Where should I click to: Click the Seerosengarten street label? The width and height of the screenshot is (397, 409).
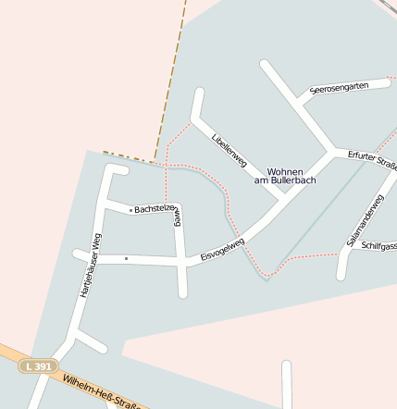tap(340, 87)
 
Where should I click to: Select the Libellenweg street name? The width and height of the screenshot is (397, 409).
tap(230, 150)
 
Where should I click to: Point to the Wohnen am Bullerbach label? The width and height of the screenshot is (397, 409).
tap(285, 176)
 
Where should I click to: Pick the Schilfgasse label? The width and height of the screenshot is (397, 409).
tap(378, 246)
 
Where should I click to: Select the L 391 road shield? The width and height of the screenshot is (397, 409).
tap(39, 366)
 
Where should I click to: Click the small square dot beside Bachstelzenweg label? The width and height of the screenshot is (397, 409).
tap(130, 209)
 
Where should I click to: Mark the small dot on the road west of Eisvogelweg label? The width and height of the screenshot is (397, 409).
tap(126, 258)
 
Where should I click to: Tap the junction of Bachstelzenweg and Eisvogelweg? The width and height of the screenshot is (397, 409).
tap(181, 263)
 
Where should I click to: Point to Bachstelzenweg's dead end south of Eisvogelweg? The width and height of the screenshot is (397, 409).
tap(183, 293)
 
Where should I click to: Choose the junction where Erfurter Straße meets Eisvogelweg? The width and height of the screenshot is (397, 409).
tap(331, 151)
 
